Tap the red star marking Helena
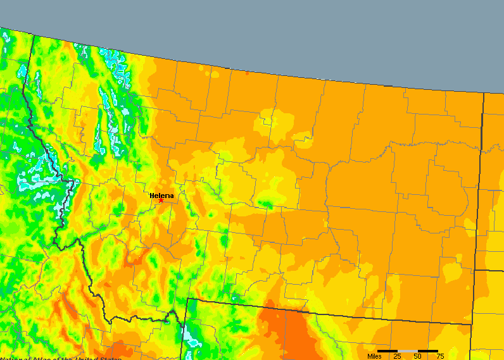click(161, 201)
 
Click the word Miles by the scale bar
click(375, 356)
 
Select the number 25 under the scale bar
click(397, 356)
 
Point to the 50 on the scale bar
click(418, 356)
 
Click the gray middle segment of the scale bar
click(408, 351)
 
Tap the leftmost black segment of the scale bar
click(387, 351)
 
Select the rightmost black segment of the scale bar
click(428, 351)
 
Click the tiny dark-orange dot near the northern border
click(247, 73)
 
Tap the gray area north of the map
click(317, 32)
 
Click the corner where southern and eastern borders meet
click(472, 324)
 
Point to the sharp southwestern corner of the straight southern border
click(188, 299)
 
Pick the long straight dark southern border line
click(329, 311)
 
